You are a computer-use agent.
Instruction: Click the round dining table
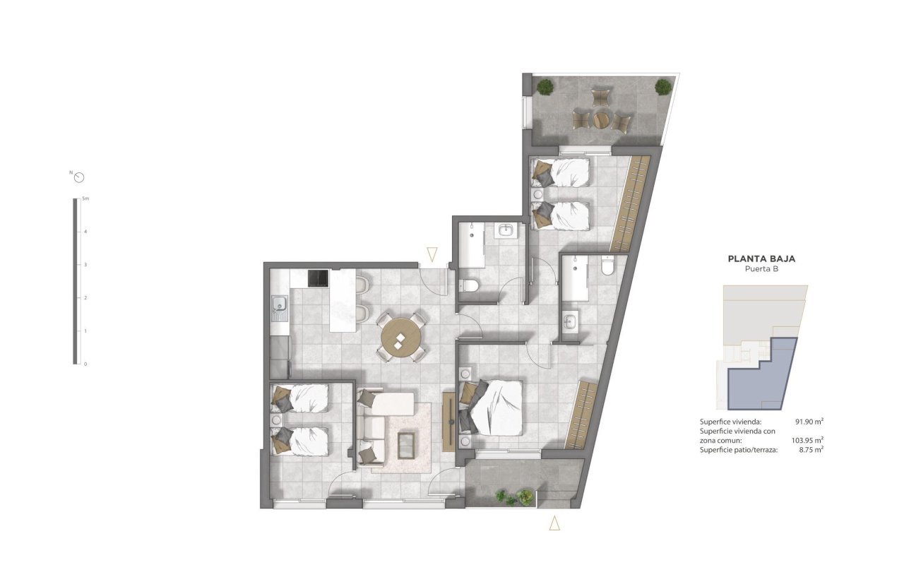[400, 338]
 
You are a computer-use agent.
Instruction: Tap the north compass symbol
[79, 177]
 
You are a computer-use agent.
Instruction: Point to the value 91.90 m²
[809, 422]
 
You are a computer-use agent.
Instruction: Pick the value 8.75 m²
[809, 450]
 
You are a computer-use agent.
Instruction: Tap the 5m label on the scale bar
[85, 199]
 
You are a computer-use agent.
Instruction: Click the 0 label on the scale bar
[85, 364]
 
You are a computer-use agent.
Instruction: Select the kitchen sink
[280, 305]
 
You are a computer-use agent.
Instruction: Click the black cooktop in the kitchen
[318, 278]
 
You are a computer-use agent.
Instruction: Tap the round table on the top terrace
[601, 119]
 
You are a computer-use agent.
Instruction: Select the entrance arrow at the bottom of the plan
[555, 523]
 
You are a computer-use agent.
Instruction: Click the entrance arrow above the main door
[432, 254]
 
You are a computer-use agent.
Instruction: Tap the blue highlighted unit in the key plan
[764, 374]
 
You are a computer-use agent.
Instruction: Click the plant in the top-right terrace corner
[662, 87]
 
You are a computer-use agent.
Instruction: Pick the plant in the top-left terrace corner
[545, 87]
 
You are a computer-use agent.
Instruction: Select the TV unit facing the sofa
[448, 421]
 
